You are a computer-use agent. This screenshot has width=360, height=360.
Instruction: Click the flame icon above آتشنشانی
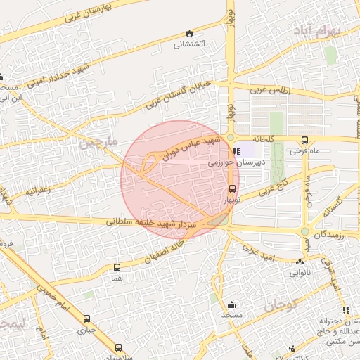189,33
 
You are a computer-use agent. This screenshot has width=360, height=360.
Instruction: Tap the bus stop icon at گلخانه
304,140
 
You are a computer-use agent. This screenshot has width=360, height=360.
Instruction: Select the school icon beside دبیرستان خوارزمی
237,150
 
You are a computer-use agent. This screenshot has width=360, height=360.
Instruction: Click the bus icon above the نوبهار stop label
232,188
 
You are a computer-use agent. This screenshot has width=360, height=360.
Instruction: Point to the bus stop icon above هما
117,267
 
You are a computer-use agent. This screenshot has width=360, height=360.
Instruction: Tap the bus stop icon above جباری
87,318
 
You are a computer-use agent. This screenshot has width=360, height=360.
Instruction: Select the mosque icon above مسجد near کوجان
231,304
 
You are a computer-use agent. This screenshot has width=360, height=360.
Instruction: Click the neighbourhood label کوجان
281,307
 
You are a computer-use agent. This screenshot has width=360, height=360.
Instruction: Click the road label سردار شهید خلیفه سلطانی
155,224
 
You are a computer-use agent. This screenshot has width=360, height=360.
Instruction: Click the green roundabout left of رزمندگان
305,231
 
